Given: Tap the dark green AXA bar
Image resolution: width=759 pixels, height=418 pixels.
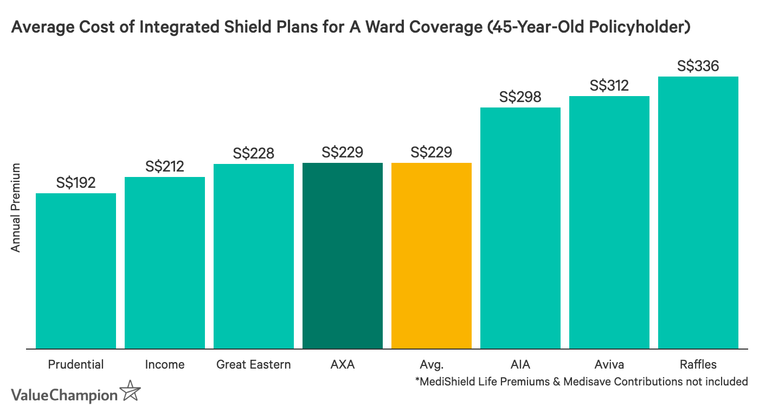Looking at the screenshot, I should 343,255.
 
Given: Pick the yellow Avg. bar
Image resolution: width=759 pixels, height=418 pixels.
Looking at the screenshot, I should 432,255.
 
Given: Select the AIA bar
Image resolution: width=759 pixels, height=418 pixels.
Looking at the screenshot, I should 520,227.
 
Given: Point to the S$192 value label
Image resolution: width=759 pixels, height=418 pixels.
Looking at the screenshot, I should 76,182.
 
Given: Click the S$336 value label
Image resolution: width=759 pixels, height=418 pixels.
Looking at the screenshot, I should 698,66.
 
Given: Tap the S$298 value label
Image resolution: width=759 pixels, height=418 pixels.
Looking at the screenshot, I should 520,97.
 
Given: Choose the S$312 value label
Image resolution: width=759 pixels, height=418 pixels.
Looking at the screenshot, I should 609,86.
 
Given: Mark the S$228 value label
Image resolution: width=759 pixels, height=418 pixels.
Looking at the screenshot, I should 254,154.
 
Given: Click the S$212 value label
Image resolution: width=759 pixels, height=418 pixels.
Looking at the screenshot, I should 165,166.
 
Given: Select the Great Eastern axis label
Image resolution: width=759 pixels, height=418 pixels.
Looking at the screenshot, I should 254,365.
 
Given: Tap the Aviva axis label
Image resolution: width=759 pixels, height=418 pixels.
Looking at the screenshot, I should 609,365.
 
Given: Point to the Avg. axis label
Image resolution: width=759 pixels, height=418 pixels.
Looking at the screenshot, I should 432,365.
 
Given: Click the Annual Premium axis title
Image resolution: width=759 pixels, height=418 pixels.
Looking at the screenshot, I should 16,207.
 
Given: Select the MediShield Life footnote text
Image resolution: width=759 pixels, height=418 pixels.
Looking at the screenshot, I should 581,382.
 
